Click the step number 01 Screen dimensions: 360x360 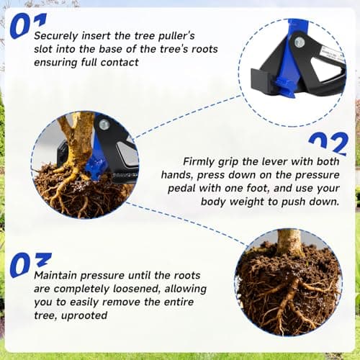click(x=29, y=23)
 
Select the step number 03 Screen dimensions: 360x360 click(x=30, y=264)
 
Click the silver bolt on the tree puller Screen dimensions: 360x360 click(x=106, y=125)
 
